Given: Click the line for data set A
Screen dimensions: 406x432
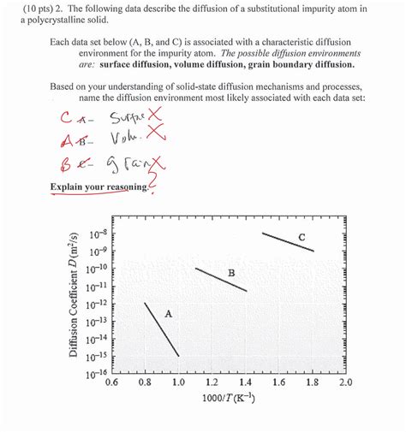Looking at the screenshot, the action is [x=161, y=328].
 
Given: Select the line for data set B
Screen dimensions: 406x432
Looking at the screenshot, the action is [x=221, y=280].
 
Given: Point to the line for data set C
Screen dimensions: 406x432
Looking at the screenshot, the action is [x=287, y=241].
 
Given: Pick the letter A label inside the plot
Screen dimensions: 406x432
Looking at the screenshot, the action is [x=168, y=314].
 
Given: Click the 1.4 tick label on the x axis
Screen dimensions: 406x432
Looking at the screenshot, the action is [x=245, y=383].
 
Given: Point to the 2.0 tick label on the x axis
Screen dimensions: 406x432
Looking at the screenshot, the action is [x=344, y=383].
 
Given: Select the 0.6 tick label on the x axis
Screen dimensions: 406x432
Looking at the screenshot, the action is [x=110, y=383].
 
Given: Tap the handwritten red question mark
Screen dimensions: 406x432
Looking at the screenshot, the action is [x=154, y=178].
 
